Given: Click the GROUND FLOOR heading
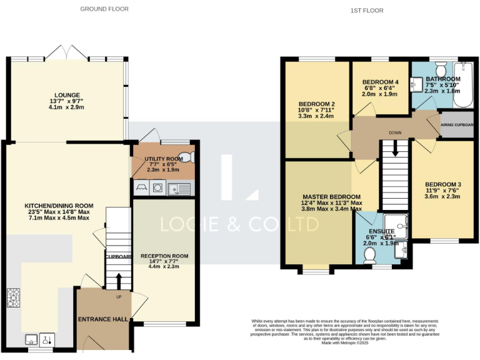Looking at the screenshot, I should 104,9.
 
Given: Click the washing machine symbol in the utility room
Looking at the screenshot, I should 159,186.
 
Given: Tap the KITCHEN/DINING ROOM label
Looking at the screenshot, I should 59,206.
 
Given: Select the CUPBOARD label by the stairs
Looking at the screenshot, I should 118,257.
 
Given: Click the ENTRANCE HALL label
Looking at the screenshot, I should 103,319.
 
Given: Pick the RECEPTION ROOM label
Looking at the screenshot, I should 164,256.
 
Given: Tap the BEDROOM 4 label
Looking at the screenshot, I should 380,82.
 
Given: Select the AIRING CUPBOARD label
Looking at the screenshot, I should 457,124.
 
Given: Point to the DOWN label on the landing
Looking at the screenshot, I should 394,132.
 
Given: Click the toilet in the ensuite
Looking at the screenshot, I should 369,254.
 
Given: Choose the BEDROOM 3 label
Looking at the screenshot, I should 442,184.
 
